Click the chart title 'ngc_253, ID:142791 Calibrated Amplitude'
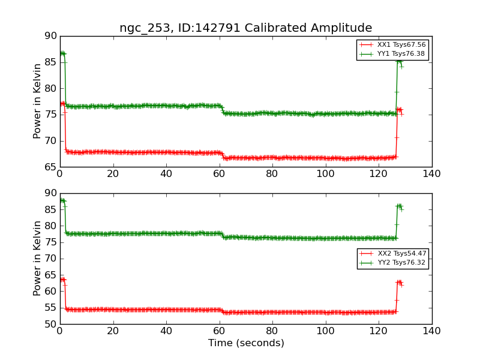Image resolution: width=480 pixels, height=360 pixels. coord(245,28)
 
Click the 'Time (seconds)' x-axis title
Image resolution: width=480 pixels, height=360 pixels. coord(246,343)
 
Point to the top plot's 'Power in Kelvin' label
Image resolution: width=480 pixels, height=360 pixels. coord(38,101)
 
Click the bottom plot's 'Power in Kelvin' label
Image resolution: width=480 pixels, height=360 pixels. coord(38,259)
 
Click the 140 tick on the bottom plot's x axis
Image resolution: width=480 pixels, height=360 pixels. coord(431,331)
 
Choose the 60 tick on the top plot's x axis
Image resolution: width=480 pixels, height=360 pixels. coord(219,173)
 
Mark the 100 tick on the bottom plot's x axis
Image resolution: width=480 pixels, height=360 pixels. coord(325,331)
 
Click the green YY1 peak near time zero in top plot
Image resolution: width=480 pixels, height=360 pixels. coord(62,53)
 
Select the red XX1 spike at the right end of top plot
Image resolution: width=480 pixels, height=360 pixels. coord(399,109)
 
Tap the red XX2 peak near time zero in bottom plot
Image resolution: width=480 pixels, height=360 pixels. coord(62,280)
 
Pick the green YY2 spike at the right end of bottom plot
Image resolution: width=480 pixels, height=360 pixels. coord(399,206)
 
